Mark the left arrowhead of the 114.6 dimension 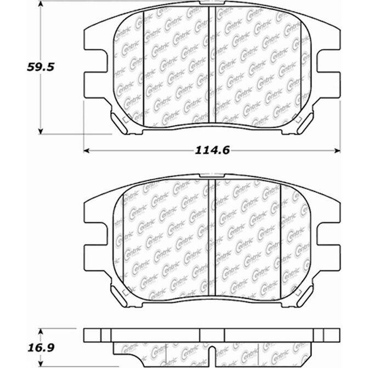[x=87, y=150]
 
